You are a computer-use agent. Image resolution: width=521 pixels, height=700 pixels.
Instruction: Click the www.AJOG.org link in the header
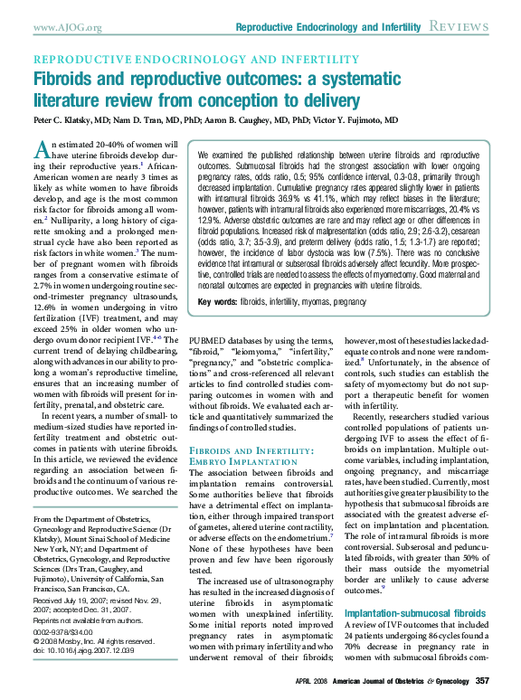click(x=67, y=28)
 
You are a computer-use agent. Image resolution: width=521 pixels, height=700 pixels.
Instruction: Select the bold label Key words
click(x=217, y=301)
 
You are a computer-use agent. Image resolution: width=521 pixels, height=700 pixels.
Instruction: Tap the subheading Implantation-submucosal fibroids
click(x=407, y=613)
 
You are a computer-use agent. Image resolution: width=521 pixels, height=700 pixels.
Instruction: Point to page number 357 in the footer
click(x=482, y=680)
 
